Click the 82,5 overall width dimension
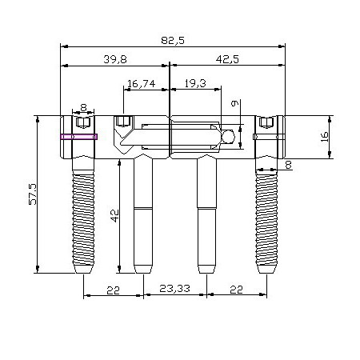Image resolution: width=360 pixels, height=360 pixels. [x=173, y=41]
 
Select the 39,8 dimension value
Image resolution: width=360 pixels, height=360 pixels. [x=115, y=59]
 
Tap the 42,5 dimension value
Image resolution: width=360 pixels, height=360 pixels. [x=227, y=59]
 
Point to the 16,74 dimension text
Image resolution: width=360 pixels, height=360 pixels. [x=141, y=84]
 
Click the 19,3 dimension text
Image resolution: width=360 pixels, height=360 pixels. [x=195, y=83]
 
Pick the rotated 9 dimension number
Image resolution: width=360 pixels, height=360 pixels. [x=234, y=103]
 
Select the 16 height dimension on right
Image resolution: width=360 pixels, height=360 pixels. [x=325, y=137]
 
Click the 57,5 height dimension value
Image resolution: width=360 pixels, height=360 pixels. [x=33, y=194]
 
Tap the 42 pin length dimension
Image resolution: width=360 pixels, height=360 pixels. [x=115, y=216]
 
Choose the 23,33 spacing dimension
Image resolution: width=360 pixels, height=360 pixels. [x=174, y=288]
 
